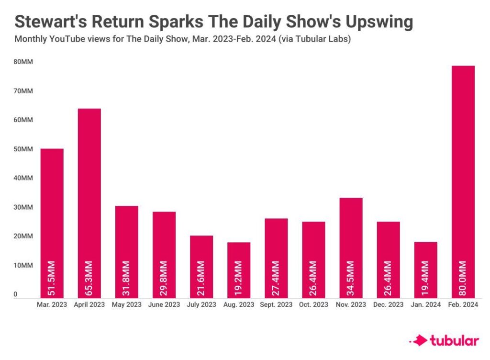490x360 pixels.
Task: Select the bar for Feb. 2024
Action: (x=463, y=182)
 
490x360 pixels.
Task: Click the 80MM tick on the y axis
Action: (x=23, y=62)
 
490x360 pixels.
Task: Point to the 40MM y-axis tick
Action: (x=23, y=178)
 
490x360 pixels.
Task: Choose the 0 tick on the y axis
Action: (x=16, y=294)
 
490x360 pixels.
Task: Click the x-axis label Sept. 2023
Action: (x=276, y=304)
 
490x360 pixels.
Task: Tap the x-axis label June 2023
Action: (x=164, y=304)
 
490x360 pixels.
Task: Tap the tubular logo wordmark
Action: (x=454, y=341)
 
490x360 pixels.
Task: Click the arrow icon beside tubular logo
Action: (x=419, y=341)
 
